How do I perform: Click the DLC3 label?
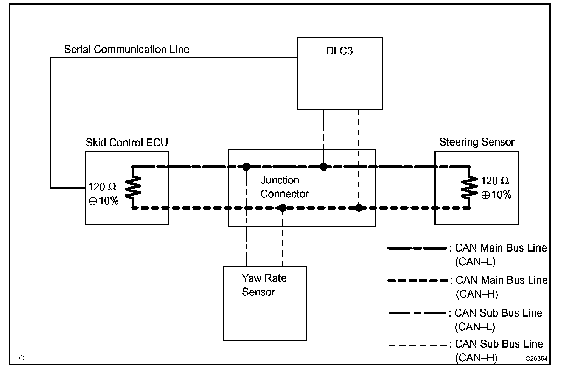coord(339,51)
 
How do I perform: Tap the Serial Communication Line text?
coord(126,50)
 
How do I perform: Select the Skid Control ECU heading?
coord(127,143)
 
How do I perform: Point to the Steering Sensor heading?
coord(477,142)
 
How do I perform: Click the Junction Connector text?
coord(284,187)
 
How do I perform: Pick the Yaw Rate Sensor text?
coord(264,285)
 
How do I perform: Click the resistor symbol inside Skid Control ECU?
coord(133,187)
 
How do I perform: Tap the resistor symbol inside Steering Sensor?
coord(469,187)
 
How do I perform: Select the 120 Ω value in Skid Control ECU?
coord(103,187)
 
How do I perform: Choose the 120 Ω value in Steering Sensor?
coord(495,181)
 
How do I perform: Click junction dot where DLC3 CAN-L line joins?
coord(324,166)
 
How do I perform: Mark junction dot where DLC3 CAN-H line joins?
coord(359,208)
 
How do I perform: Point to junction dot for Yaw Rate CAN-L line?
coord(246,166)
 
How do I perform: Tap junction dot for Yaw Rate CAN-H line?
coord(283,208)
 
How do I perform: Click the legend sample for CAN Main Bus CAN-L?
coord(417,248)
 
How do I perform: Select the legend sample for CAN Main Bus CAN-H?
coord(418,281)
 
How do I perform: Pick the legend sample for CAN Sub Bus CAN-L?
coord(417,313)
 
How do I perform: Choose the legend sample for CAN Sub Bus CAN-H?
coord(418,345)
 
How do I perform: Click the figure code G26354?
coord(536,358)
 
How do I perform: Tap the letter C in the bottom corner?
coord(21,358)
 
